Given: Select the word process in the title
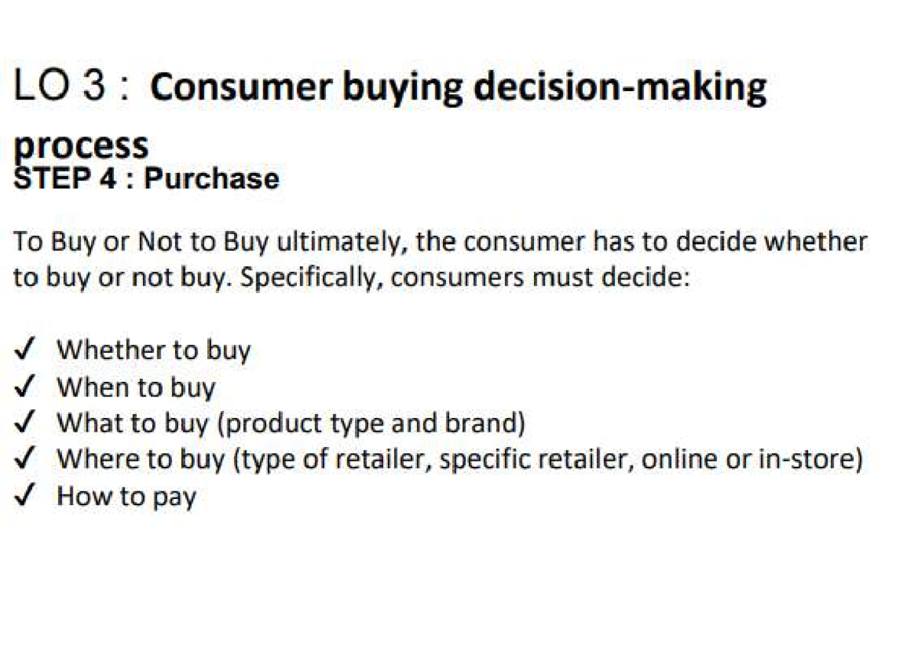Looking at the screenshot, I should (x=81, y=145).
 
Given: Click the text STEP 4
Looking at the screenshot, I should (x=64, y=178).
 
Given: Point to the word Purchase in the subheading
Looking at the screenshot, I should (x=212, y=178).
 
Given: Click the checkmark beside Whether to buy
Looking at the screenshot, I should (x=25, y=351).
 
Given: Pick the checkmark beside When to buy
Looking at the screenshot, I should (x=25, y=387).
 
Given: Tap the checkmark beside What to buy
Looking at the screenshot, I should (x=25, y=423).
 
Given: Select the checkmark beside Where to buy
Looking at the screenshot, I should (x=25, y=459).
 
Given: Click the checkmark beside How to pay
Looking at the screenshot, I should (x=25, y=496).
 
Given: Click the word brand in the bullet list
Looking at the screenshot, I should (x=490, y=423).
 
